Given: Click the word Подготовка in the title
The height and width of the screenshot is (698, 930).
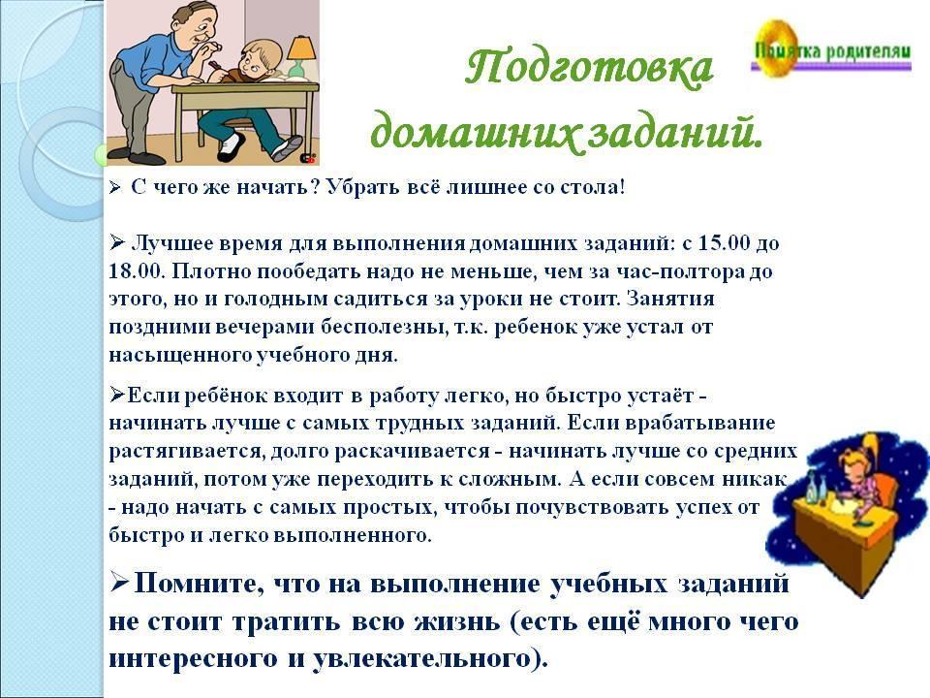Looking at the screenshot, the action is [589, 68].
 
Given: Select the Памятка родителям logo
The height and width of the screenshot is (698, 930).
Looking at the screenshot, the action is [830, 49].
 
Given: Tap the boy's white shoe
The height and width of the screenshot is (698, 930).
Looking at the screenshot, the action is [232, 147].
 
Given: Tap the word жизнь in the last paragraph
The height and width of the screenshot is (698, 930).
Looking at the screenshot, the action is [456, 621].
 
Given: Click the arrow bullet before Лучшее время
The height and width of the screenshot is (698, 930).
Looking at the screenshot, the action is [117, 242].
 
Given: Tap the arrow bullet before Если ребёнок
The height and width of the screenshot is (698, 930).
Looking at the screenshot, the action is [117, 395].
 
